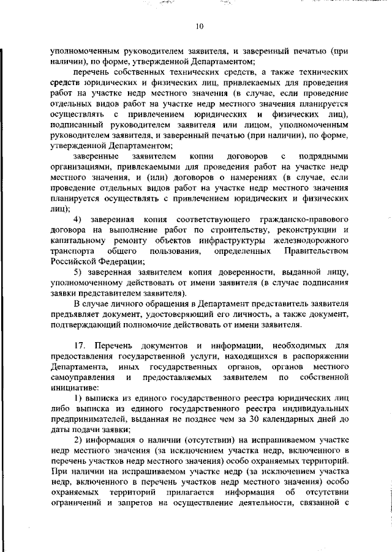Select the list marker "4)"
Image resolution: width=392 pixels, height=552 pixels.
point(78,219)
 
